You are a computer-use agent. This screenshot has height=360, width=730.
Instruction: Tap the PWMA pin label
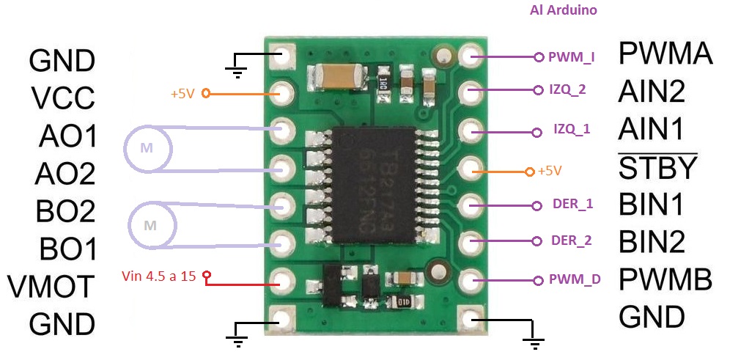[x=666, y=54]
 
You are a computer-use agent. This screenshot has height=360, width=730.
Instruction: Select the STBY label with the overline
[x=657, y=168]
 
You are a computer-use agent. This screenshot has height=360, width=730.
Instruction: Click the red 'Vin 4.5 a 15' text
[x=158, y=276]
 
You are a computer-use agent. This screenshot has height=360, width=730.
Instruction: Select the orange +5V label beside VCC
[x=183, y=94]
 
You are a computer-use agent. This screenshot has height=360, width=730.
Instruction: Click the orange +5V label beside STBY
[x=549, y=171]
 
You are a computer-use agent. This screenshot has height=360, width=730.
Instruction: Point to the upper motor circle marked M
[x=147, y=149]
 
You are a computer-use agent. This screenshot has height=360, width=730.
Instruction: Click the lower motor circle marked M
[x=151, y=225]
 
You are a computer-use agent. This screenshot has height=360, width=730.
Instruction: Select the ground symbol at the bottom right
[x=535, y=342]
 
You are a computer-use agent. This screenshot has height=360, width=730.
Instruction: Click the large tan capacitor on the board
[x=339, y=74]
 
